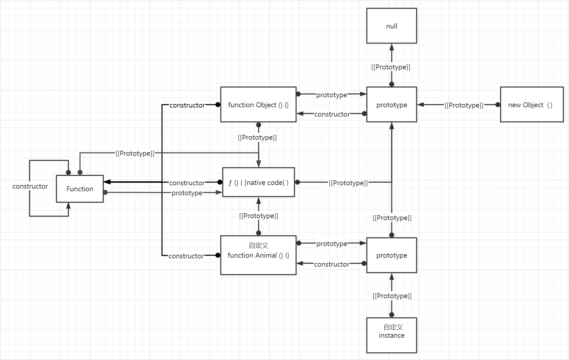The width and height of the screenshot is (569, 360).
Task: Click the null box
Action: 391,26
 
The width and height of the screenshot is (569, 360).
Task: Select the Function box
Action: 80,189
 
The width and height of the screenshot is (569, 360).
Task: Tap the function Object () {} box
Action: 258,105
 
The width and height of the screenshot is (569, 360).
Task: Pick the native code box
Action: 258,182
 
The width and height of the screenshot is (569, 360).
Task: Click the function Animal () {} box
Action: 258,255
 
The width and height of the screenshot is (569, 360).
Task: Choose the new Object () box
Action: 531,105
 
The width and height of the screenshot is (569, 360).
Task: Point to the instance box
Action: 391,335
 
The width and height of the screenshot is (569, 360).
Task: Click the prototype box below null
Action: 391,105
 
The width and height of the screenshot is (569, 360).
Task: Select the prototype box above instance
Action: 391,255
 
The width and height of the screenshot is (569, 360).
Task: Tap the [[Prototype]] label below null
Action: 391,67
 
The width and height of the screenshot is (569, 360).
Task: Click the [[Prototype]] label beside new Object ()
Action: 464,105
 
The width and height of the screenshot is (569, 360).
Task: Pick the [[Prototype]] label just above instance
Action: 392,296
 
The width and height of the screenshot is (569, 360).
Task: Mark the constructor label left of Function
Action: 30,186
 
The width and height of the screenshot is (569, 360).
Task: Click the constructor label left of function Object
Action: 187,105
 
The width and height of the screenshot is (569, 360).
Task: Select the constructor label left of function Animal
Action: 186,256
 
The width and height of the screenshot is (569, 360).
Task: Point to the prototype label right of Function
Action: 187,193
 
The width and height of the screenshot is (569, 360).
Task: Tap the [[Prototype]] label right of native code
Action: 348,183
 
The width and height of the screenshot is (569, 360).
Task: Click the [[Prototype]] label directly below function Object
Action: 257,137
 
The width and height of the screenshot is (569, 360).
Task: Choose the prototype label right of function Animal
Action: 332,244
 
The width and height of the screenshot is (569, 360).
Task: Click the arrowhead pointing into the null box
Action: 392,47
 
